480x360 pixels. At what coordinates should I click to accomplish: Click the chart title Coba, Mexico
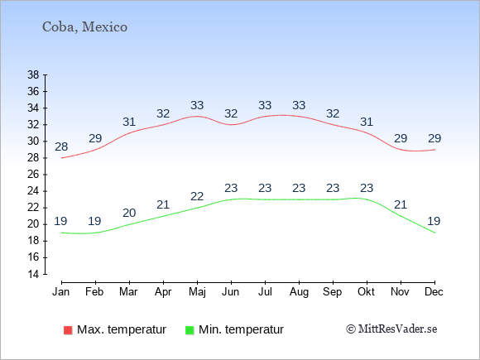[84, 27]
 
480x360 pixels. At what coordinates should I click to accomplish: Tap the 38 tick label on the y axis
[33, 74]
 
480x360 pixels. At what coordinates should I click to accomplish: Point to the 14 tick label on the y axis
[33, 274]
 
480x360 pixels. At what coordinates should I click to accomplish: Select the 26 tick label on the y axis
[33, 175]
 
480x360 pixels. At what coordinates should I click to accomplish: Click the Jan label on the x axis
[61, 292]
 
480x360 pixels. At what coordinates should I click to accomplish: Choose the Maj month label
[197, 292]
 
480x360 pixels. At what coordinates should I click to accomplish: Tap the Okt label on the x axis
[366, 292]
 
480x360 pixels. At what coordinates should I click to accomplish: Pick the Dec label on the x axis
[434, 292]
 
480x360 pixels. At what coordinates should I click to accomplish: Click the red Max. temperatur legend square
[68, 330]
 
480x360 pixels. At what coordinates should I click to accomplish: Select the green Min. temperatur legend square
[190, 330]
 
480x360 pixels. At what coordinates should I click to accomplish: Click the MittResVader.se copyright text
[391, 329]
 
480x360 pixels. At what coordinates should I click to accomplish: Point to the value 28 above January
[61, 146]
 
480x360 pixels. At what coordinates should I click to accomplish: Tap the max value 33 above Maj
[197, 105]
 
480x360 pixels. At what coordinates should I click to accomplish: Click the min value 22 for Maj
[197, 196]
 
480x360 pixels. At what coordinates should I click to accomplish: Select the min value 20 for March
[129, 213]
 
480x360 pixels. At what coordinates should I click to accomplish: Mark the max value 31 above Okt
[367, 122]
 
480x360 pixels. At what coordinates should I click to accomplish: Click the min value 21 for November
[401, 204]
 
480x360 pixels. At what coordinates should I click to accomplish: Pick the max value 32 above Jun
[231, 113]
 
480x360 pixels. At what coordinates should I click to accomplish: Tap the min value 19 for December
[434, 221]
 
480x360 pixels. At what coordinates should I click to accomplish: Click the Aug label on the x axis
[299, 292]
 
